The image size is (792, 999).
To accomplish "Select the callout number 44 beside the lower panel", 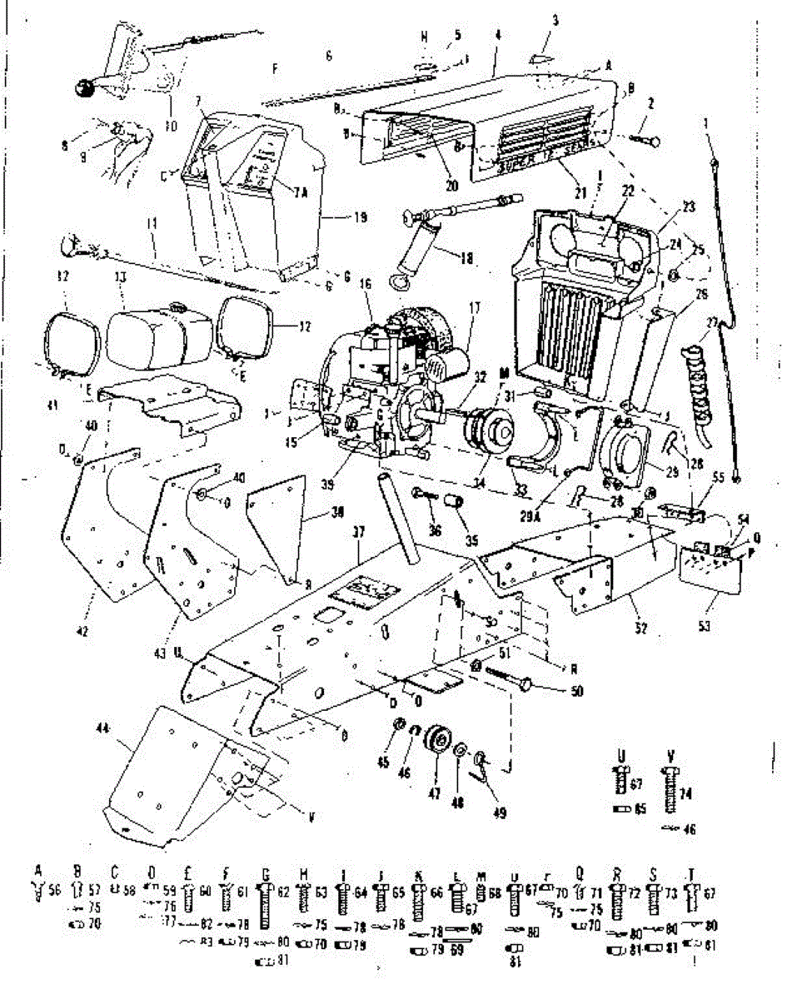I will [x=102, y=728].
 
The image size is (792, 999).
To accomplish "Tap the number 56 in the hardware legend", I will [x=55, y=890].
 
